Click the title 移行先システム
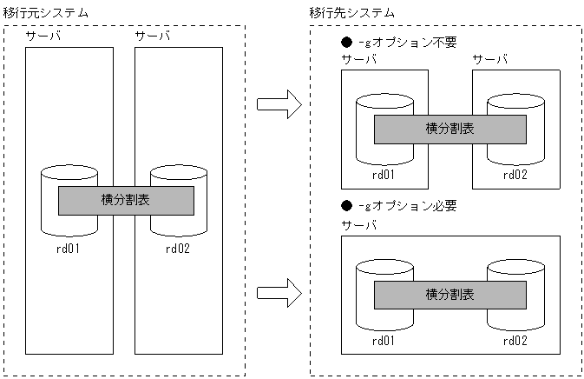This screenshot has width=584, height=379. coord(351,11)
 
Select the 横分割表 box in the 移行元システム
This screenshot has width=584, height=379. coord(125,201)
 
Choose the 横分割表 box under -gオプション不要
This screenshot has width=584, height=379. coord(449,130)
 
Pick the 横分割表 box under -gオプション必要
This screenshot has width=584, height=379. coord(449,295)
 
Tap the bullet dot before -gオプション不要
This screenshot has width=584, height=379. coord(347,42)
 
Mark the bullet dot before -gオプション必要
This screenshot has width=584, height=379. coord(347,206)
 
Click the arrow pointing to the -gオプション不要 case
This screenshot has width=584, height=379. coord(279,106)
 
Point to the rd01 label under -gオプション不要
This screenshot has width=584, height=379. coord(384,174)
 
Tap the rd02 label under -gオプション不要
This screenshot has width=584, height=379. coord(515,174)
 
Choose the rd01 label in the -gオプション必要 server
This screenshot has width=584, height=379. coord(384,339)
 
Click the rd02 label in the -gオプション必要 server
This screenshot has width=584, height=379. coord(515,339)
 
